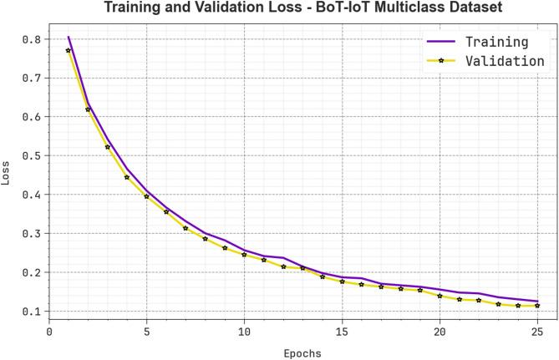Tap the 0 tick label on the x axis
(49, 332)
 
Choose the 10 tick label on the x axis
(244, 332)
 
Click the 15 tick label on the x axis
(342, 332)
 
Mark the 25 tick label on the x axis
(537, 332)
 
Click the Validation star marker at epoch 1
(69, 51)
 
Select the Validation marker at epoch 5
(147, 196)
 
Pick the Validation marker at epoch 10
(244, 255)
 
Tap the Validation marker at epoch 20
(440, 296)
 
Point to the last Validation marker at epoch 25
(537, 306)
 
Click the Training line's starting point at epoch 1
(69, 37)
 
